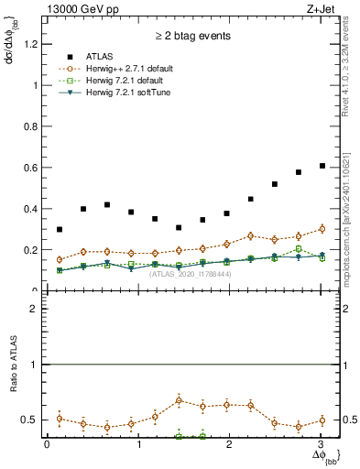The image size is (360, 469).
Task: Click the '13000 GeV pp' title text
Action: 82,8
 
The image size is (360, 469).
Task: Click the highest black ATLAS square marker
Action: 322,166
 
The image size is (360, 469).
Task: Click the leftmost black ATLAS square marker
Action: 60,229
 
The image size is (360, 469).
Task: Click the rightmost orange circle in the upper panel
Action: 322,229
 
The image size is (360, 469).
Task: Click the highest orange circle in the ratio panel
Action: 179,400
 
